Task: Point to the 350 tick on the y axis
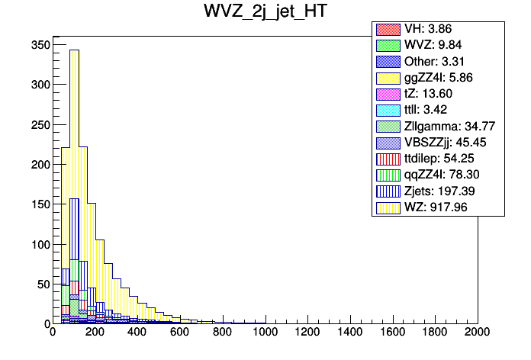coord(40,45)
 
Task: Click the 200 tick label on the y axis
coord(40,164)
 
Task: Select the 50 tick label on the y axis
coord(43,284)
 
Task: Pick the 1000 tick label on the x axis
coord(265,333)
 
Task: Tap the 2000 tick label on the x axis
coord(478,333)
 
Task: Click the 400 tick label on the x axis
coord(137,333)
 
